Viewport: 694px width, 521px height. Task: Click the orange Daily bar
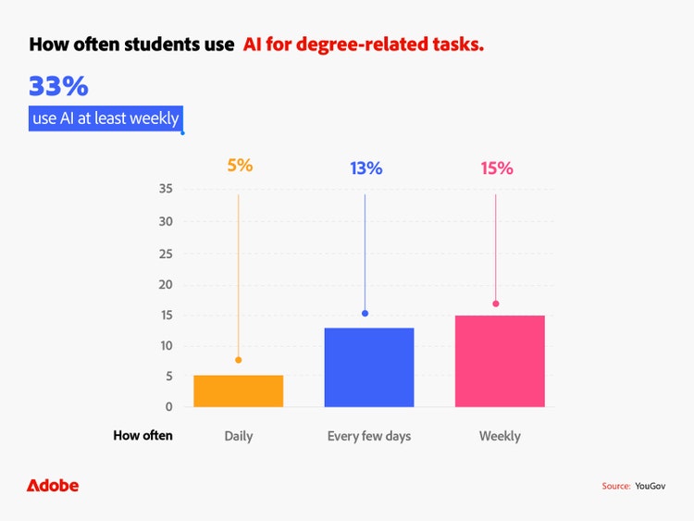pos(238,391)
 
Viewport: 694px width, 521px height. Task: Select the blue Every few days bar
pos(369,367)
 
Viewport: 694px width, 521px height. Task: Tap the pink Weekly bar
pos(500,361)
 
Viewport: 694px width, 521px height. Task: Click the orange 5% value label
pos(240,167)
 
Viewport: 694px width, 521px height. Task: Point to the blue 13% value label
pos(366,168)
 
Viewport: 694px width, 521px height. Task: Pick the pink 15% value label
pos(496,168)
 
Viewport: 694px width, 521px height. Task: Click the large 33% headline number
pos(58,87)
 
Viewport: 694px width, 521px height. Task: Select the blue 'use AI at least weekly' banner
pos(104,118)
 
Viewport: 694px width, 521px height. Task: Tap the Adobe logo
pos(53,486)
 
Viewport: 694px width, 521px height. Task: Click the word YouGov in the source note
pos(651,486)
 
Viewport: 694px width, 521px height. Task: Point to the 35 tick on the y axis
pos(167,190)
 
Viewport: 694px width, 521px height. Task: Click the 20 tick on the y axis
pos(167,284)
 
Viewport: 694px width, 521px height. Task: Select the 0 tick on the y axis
pos(169,407)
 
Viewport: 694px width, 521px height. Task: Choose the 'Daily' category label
pos(238,436)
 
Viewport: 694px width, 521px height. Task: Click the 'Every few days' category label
pos(369,436)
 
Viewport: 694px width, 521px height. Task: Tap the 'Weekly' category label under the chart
pos(500,436)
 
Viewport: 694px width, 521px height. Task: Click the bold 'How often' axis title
pos(143,436)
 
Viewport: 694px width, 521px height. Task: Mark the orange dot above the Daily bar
pos(238,360)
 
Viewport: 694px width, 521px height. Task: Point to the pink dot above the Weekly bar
pos(496,304)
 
